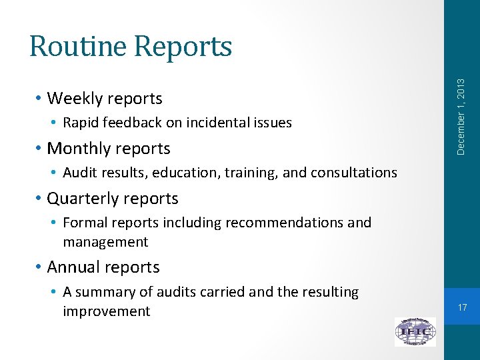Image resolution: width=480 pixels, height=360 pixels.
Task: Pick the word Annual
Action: click(74, 267)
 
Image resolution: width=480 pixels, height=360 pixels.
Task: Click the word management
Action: click(105, 241)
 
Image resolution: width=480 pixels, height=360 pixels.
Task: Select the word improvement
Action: click(107, 311)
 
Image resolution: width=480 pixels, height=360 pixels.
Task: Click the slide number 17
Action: click(463, 307)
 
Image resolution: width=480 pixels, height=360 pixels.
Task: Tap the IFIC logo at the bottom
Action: click(415, 331)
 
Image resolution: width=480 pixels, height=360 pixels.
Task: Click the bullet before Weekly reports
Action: click(39, 99)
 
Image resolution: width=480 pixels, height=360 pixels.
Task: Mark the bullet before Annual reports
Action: click(39, 267)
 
